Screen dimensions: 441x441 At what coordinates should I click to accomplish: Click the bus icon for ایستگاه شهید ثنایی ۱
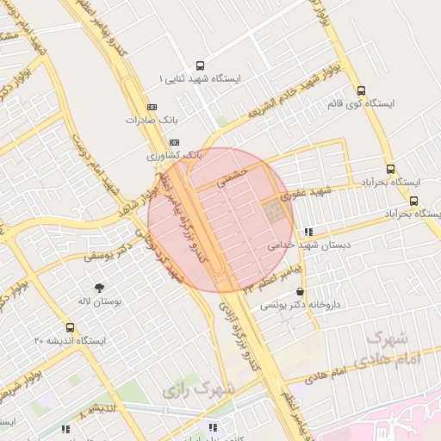201,65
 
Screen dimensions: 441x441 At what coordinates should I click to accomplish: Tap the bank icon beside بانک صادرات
152,107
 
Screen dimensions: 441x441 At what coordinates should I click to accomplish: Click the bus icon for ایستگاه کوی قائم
360,90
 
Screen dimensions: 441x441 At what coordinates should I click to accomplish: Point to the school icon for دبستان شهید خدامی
308,231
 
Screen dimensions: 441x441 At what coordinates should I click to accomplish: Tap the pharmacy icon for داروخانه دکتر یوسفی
299,292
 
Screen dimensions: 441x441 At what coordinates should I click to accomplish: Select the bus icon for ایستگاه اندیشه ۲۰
70,327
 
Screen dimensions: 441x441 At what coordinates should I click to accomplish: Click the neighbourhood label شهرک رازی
198,389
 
